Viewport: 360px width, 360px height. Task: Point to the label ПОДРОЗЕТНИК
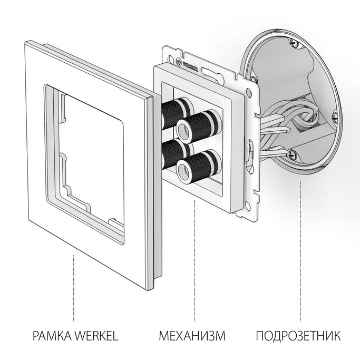tap(298, 336)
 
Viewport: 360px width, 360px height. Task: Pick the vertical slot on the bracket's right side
tap(250, 148)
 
